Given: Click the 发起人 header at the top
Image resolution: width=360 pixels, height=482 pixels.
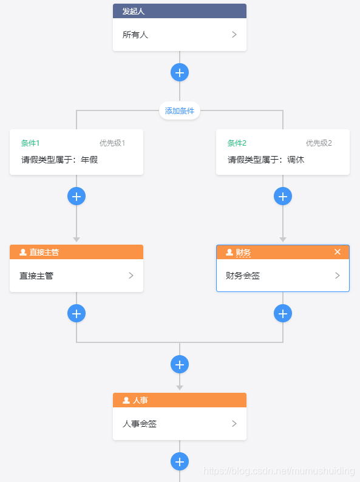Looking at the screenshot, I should [134, 11].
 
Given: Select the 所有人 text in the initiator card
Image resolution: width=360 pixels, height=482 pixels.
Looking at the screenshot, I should [135, 35].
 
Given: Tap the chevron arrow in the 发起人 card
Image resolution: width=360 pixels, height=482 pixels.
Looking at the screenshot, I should [234, 35].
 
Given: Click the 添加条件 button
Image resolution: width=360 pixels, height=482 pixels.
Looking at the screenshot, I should [180, 111].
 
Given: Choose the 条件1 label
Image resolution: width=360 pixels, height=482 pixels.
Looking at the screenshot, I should [30, 143].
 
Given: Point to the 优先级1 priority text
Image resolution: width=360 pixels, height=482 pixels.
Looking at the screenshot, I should [112, 143].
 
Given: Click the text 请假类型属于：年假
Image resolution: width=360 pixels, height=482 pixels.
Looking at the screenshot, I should [59, 160].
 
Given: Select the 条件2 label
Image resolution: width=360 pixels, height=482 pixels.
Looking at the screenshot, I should [237, 143].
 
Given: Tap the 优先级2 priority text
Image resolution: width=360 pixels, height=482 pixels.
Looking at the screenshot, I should [319, 143].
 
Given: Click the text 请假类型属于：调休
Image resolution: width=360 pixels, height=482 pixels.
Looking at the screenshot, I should [266, 160].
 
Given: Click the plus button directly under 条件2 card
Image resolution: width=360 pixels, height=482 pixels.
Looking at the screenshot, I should [283, 196].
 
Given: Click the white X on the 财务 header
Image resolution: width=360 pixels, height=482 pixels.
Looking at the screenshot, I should [338, 252].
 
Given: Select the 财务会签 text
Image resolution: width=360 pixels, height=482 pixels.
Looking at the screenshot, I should [243, 276].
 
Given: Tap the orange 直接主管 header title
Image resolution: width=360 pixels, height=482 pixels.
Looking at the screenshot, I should [44, 252].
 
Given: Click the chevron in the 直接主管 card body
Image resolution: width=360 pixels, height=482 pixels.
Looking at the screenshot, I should [131, 276].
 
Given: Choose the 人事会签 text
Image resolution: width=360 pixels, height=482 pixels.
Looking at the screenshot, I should [140, 424].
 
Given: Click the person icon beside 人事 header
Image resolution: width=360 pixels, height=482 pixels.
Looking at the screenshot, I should [126, 400].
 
